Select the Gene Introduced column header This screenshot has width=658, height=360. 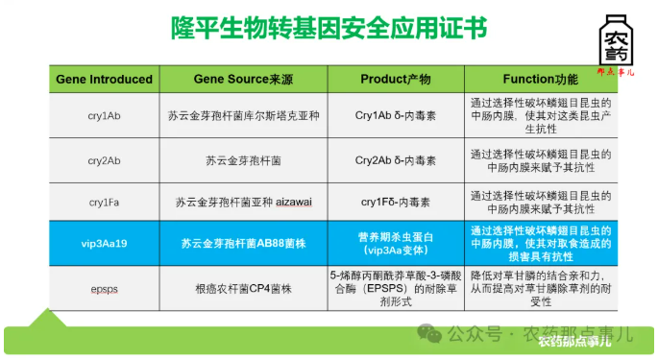(x=104, y=79)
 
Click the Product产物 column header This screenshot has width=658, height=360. (x=395, y=79)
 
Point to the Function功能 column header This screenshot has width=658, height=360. (x=540, y=79)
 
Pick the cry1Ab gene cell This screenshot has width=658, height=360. (x=104, y=115)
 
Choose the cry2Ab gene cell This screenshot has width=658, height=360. (x=104, y=160)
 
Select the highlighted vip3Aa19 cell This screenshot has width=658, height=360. (x=104, y=244)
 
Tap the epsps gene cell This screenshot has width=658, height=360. (x=104, y=287)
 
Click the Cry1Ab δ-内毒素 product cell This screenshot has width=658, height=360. (x=395, y=115)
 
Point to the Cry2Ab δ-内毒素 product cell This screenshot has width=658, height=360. (x=395, y=160)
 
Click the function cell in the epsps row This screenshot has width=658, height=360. (x=540, y=287)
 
